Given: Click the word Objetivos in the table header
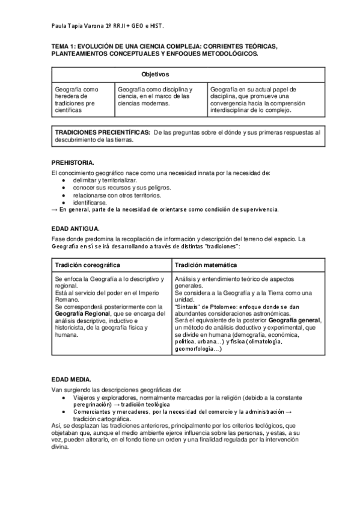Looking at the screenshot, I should click(x=155, y=74).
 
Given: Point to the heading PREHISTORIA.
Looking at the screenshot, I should click(x=73, y=162).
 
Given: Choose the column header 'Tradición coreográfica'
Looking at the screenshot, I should click(x=87, y=265).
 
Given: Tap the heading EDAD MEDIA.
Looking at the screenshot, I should click(x=72, y=379).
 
